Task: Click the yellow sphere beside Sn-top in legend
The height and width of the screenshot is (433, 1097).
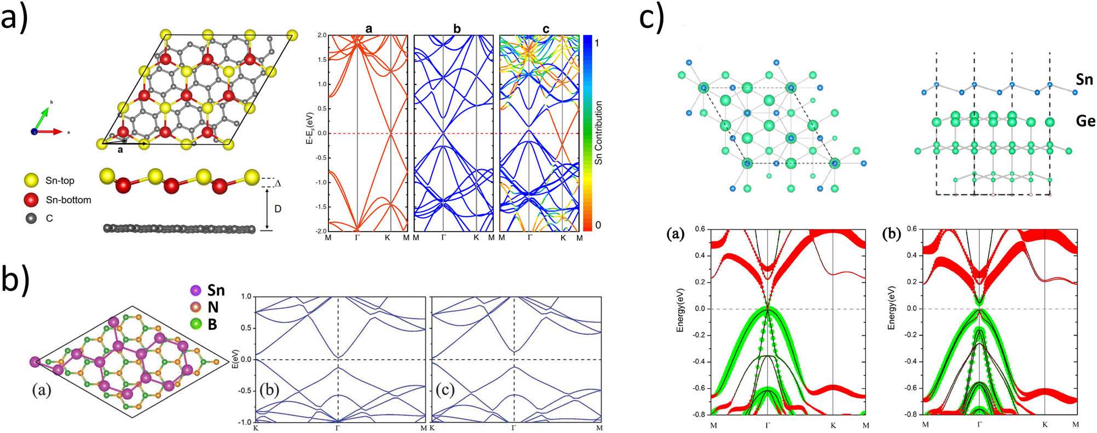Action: [32, 180]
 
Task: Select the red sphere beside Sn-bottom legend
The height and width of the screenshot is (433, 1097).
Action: [32, 200]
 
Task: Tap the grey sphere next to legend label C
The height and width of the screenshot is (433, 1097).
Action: [32, 218]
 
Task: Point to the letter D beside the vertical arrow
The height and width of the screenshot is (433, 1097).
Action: [278, 209]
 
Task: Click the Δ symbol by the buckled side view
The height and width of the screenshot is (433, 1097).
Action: [278, 183]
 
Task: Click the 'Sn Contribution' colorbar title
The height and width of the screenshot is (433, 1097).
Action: [598, 132]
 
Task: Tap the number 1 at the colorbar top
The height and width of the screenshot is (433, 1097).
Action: [597, 43]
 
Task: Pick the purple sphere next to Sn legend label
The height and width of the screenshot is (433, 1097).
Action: [195, 290]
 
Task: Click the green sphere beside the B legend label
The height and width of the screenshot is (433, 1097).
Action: [195, 324]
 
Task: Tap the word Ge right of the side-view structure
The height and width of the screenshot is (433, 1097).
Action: [1086, 120]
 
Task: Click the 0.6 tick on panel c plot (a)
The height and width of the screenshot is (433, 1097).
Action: [699, 229]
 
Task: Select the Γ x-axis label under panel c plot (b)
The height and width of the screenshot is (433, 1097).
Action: [979, 425]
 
